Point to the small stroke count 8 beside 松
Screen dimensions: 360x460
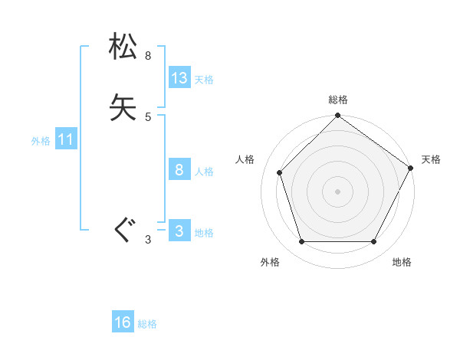coord(148,56)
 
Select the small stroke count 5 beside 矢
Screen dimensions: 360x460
coord(148,117)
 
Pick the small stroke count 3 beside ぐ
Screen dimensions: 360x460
coord(148,241)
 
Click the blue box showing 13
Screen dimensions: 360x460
coord(179,78)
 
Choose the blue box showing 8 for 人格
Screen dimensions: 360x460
coord(179,170)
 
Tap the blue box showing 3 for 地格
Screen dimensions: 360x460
coord(179,232)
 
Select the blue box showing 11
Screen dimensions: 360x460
coord(66,140)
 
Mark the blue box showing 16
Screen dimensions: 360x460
coord(123,322)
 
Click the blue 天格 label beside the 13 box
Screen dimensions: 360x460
coord(204,80)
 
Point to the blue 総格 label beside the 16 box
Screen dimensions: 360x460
coord(147,324)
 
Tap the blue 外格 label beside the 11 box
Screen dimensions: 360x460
coord(41,142)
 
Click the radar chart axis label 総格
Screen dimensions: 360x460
coord(338,100)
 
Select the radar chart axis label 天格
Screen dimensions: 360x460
coord(431,159)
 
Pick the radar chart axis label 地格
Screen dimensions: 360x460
coord(402,262)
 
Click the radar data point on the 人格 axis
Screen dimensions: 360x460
coord(280,172)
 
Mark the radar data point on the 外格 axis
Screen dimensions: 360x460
coord(301,242)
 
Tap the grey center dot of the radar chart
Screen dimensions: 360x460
coord(338,191)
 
